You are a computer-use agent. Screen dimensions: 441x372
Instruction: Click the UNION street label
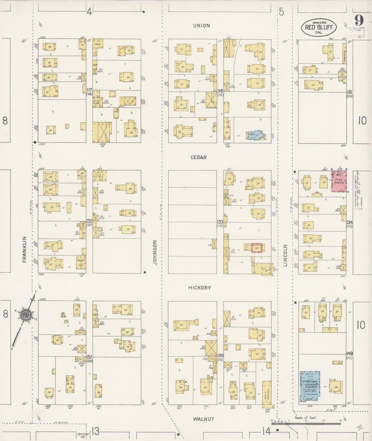point(202,26)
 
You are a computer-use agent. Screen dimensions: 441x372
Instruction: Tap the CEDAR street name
point(198,157)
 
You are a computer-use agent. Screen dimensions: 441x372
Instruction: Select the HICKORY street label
point(200,288)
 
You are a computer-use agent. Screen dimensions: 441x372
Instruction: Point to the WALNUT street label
point(204,419)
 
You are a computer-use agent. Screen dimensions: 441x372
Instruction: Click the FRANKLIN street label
point(25,249)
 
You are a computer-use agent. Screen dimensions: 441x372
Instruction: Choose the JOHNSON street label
point(155,252)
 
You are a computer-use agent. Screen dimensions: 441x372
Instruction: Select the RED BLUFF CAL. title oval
point(319,27)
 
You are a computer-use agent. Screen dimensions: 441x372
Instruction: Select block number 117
point(89,90)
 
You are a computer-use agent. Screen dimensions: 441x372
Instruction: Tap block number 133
point(220,222)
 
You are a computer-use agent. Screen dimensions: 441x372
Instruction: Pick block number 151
point(89,357)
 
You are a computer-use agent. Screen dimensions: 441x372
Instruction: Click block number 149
point(349,354)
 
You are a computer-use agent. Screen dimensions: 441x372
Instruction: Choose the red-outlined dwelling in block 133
point(257,248)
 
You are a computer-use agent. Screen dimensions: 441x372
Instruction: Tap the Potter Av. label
point(82,435)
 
